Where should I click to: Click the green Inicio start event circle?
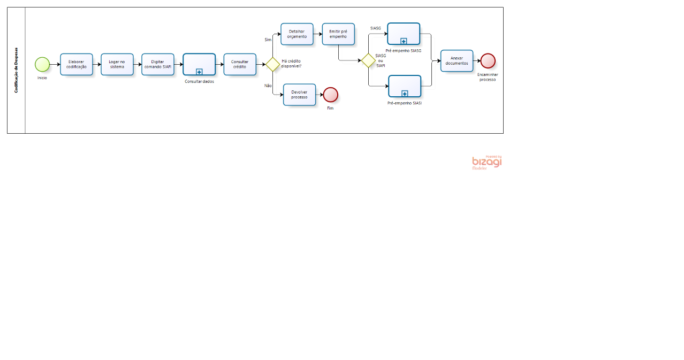tap(42, 64)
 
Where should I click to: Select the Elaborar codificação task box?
tap(77, 64)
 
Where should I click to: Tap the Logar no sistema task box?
tap(117, 64)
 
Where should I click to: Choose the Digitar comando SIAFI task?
tap(158, 64)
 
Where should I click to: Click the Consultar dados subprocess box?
tap(199, 64)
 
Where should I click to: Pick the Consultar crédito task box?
tap(240, 64)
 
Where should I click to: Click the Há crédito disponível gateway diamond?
tap(272, 64)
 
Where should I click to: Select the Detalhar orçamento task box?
tap(297, 34)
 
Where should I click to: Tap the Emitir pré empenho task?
tap(338, 34)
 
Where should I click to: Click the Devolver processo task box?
tap(300, 95)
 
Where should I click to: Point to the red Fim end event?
tap(331, 95)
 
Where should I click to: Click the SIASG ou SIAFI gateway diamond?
tap(369, 60)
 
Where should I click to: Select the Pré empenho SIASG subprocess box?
tap(404, 34)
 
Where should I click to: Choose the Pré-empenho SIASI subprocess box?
tap(405, 86)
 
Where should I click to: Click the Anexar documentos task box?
tap(457, 60)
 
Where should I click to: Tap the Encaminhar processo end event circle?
tap(488, 60)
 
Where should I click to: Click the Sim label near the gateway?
tap(268, 40)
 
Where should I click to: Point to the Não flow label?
tap(268, 86)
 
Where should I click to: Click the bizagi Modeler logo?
tap(487, 162)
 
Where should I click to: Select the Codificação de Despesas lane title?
tap(16, 70)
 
